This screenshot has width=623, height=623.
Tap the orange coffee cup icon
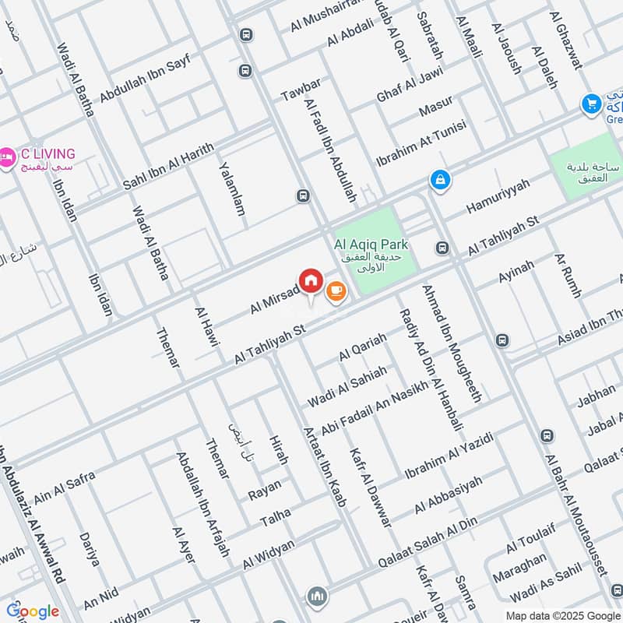336,290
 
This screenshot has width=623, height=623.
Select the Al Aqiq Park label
371,245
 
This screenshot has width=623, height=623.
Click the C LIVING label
48,153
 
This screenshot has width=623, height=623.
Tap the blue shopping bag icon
440,180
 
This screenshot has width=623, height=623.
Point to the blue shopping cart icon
591,103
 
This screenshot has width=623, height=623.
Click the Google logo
33,611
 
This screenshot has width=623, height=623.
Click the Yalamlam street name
231,188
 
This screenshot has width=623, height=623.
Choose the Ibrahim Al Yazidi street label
449,458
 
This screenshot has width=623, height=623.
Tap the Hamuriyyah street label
498,195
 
